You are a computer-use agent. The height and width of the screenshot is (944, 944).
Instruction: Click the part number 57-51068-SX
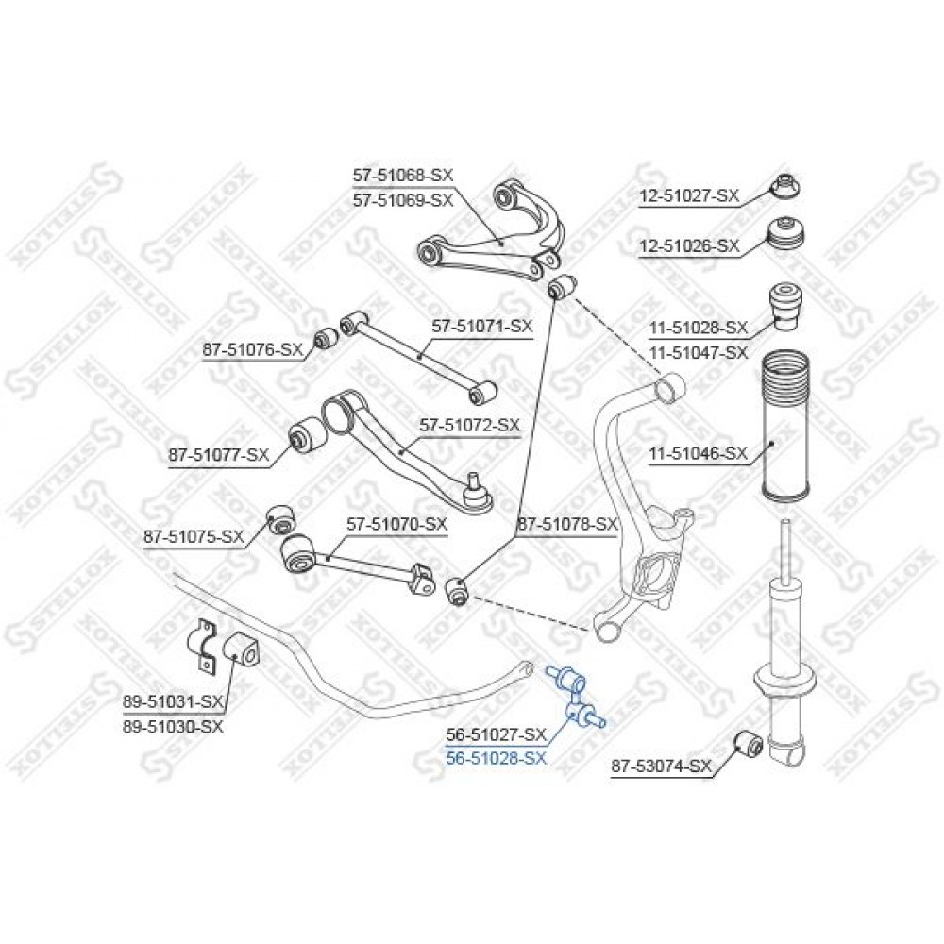coord(403,176)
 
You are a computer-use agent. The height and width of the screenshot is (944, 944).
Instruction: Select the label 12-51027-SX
coord(689,195)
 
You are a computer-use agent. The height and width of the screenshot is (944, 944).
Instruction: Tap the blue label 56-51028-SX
coord(497,758)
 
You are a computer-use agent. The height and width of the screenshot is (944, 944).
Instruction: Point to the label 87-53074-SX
coord(662,767)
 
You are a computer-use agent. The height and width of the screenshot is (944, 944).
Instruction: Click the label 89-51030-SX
coord(174,727)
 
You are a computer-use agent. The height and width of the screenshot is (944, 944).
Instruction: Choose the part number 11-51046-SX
coord(699,453)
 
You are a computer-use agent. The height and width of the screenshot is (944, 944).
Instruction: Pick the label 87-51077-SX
coord(219,455)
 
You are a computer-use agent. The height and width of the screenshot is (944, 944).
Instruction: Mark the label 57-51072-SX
coord(469,426)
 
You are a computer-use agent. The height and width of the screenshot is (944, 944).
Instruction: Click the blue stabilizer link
coord(576,696)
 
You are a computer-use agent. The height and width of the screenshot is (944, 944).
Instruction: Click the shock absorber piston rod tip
coord(785,521)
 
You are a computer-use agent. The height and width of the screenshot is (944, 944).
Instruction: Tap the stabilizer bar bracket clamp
coord(203,644)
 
